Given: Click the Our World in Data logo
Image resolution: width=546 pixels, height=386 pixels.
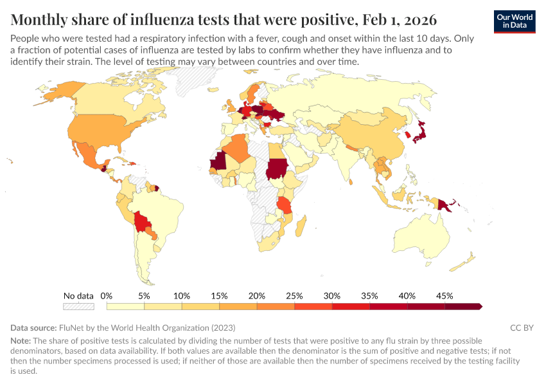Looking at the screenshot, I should pos(515,21).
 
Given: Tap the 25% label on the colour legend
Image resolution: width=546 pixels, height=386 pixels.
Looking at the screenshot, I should pos(294,296).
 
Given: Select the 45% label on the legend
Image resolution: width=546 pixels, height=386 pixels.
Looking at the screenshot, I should pos(445,296).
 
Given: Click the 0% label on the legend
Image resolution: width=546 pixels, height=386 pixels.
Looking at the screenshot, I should pos(107,296).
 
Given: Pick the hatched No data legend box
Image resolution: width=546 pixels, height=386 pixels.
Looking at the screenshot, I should pos(78,306).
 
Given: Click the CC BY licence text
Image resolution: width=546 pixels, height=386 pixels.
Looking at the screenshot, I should pos(522,327).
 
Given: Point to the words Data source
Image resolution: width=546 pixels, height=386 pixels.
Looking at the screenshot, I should pos(33,327).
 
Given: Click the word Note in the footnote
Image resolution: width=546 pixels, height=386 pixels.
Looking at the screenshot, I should pos(21,340).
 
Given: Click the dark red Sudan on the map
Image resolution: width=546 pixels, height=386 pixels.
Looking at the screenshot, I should pos(277,169).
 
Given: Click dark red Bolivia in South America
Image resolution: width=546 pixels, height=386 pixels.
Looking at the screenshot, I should pos(142,225).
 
